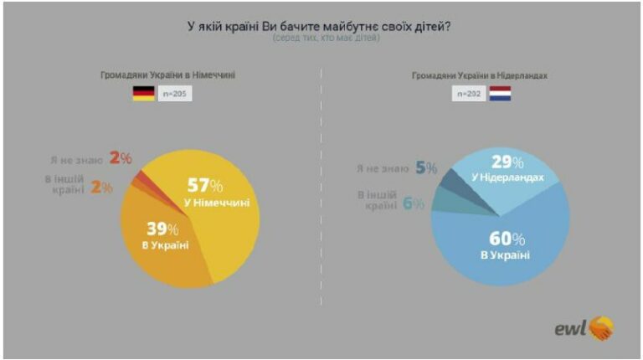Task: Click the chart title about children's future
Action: point(321,26)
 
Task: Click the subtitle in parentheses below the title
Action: point(321,39)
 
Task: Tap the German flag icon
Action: point(143,94)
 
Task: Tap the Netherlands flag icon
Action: point(500,94)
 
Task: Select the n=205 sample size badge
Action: point(175,94)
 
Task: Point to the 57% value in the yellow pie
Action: point(205,184)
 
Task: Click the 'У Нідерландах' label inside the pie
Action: point(513,178)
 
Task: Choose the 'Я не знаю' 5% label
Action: point(396,167)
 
